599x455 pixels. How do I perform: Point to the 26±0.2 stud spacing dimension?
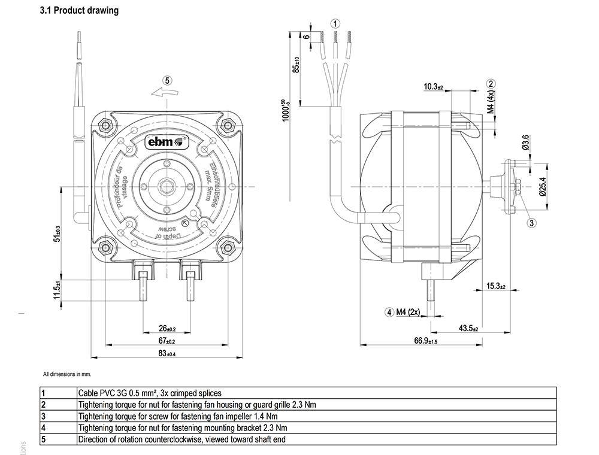[x=167, y=329]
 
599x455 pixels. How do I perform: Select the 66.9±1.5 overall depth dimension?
[x=426, y=341]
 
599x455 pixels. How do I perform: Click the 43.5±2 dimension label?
[x=469, y=329]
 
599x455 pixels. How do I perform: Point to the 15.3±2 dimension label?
[x=496, y=286]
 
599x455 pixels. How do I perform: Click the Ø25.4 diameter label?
[x=543, y=187]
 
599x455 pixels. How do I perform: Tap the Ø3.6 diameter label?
[x=526, y=143]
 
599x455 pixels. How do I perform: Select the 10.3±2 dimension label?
[x=432, y=87]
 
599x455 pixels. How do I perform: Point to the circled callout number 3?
[x=531, y=223]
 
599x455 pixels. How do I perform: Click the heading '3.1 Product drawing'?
[x=78, y=11]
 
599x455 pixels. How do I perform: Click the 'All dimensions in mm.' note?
[x=66, y=374]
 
